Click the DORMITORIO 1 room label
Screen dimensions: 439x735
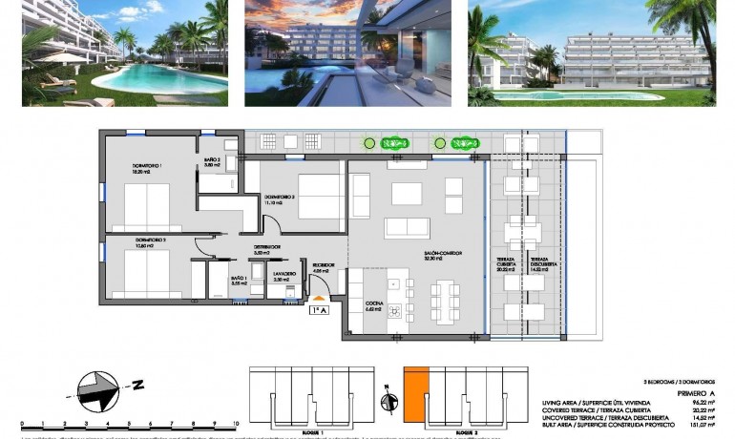point(146,166)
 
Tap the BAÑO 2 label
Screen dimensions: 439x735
point(211,161)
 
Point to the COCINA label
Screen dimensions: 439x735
point(373,306)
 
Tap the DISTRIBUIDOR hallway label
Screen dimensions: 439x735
point(266,247)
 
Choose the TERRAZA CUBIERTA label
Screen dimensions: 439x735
point(506,264)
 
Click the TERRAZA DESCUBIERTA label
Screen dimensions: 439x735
point(539,264)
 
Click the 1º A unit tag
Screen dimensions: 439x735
point(319,309)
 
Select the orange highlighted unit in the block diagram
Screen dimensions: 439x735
point(414,392)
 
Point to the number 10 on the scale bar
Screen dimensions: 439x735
point(233,421)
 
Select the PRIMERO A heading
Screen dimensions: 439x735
point(695,391)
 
